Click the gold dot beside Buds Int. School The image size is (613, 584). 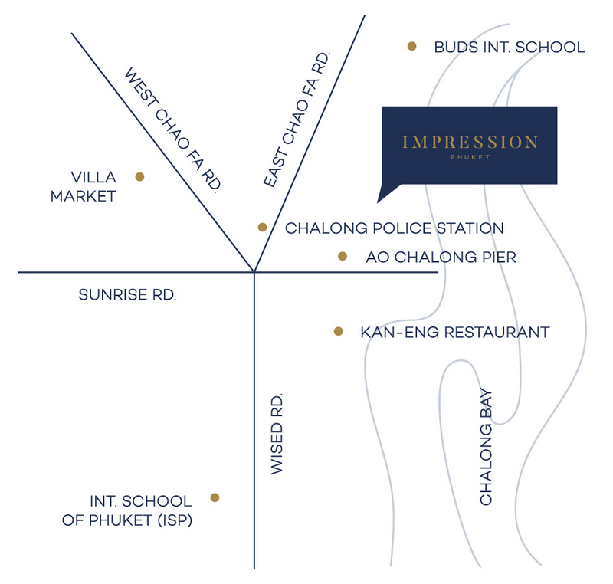click(x=411, y=46)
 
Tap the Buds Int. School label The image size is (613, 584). click(x=510, y=48)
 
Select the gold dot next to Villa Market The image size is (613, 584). click(x=139, y=177)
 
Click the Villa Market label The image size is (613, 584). click(x=84, y=186)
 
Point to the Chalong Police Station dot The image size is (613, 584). click(x=262, y=227)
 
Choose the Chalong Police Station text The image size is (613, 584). click(x=395, y=228)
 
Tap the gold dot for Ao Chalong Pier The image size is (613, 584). click(x=343, y=256)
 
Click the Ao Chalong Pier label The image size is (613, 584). click(x=441, y=258)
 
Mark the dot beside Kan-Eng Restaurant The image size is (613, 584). click(x=339, y=332)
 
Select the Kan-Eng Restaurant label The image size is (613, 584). click(x=455, y=333)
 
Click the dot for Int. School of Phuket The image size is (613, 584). click(x=215, y=497)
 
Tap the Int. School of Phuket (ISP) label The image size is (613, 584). click(x=127, y=510)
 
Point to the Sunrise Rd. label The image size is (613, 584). click(x=127, y=295)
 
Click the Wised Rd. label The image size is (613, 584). click(x=277, y=434)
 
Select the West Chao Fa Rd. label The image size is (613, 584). click(x=173, y=130)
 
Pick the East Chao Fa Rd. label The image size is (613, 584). click(x=297, y=120)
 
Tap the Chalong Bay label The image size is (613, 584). click(x=486, y=447)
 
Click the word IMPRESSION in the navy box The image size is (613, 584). click(x=470, y=142)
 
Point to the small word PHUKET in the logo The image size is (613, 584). click(x=470, y=157)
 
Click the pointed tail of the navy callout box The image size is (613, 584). click(x=378, y=202)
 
